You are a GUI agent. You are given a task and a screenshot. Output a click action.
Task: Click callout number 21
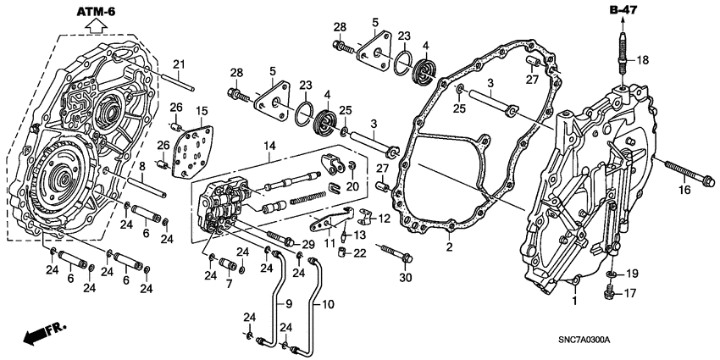179,64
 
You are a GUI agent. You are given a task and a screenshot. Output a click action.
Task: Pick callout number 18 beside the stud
643,60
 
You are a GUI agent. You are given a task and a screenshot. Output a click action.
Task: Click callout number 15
202,110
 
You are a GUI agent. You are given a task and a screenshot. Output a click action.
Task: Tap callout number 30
405,277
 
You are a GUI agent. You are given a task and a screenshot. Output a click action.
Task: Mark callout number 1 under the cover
575,301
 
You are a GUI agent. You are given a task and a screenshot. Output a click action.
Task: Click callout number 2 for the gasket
449,248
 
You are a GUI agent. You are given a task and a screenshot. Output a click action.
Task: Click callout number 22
360,253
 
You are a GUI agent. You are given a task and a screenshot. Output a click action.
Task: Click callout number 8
143,166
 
